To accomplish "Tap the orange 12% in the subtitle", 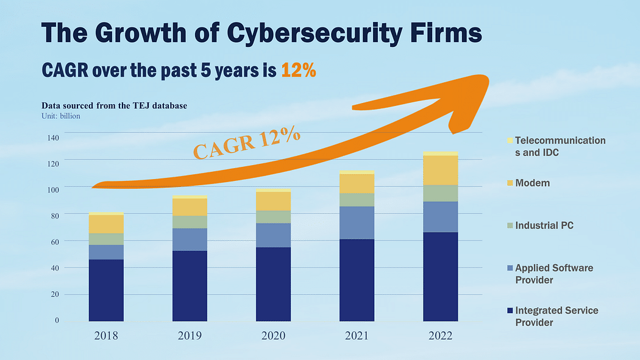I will pos(298,70).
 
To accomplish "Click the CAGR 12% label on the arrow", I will pos(247,144).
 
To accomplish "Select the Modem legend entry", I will pos(532,183).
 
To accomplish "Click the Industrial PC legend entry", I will pos(544,225).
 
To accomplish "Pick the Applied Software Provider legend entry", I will pos(553,274).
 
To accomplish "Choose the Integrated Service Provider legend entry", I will pos(556,316).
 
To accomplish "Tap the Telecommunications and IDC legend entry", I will pos(560,146).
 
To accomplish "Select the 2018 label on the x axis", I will pos(106,336).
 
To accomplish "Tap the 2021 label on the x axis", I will pos(357,336).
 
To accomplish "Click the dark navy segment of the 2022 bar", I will pos(440,277).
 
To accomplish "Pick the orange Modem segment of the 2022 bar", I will pos(440,170).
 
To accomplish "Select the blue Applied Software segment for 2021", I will pos(357,222).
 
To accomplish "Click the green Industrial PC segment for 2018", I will pos(106,239).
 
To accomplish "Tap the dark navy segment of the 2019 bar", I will pos(190,286).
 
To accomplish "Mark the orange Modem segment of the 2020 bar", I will pos(273,201).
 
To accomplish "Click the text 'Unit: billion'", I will pos(61,116).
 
